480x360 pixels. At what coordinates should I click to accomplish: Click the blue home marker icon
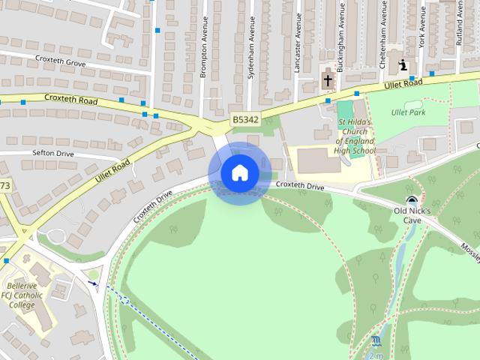[x=240, y=173]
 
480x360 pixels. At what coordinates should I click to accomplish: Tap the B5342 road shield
[x=244, y=119]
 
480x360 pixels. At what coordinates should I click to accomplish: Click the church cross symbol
[x=328, y=79]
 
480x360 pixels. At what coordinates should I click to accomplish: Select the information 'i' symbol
[x=404, y=65]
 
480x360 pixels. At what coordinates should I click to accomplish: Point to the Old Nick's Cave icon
[x=411, y=199]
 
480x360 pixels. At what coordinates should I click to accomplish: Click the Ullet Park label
[x=408, y=112]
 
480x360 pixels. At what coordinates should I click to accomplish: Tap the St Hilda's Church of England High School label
[x=355, y=136]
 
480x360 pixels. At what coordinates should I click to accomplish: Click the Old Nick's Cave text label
[x=412, y=216]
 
